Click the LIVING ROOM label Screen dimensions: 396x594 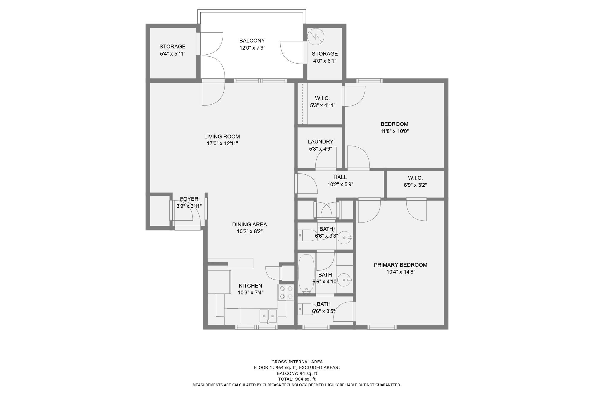[x=222, y=137]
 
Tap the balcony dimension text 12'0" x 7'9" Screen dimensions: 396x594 [x=252, y=48]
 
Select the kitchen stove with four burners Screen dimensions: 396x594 [x=286, y=292]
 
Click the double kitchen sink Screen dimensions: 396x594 [x=268, y=316]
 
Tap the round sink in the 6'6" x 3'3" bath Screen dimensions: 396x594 [x=345, y=238]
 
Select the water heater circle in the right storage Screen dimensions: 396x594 [x=315, y=37]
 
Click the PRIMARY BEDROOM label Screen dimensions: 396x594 [x=400, y=265]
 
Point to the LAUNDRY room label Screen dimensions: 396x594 [x=320, y=142]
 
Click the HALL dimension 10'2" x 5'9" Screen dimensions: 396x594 [x=340, y=184]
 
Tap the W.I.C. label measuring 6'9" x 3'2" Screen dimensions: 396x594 [x=415, y=178]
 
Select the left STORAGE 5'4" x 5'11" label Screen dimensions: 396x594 [x=172, y=47]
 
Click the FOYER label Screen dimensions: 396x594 [x=189, y=199]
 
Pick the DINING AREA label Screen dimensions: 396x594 [x=249, y=225]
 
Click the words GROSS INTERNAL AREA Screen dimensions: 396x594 [x=297, y=362]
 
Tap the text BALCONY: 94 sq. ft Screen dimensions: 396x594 [x=297, y=373]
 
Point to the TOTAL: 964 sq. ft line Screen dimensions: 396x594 [x=297, y=379]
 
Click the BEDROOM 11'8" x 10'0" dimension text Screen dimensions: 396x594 [x=394, y=131]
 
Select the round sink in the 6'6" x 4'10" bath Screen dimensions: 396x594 [x=345, y=280]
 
